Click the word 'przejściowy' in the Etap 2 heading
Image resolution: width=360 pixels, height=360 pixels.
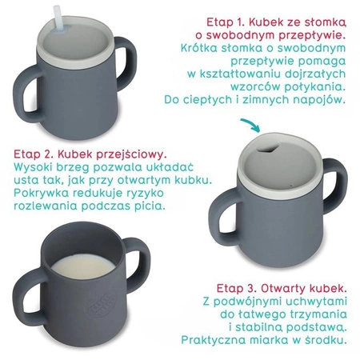tap(130, 153)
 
